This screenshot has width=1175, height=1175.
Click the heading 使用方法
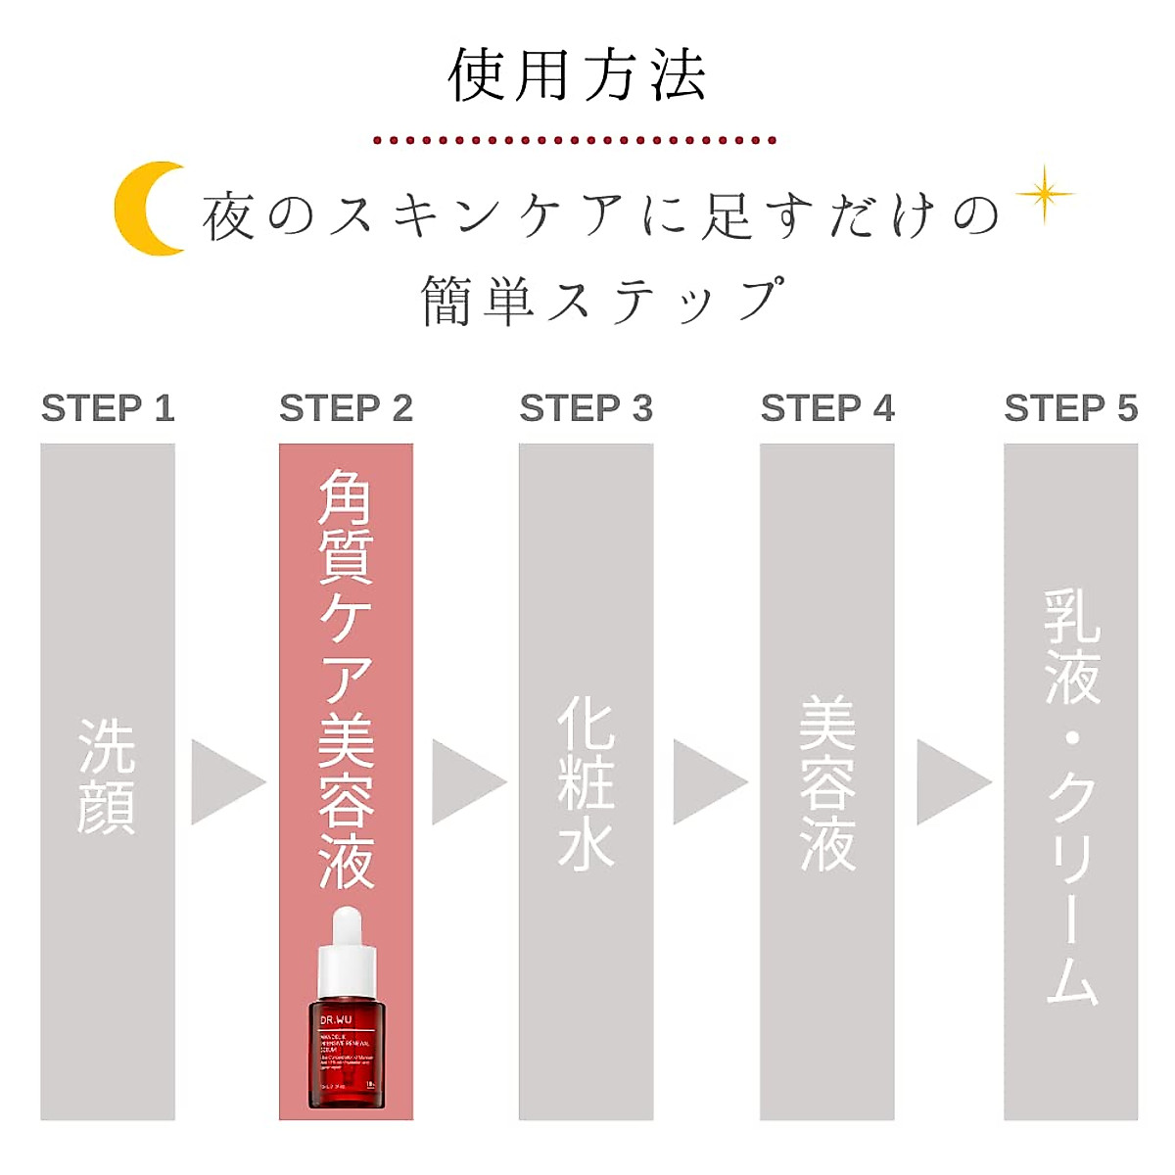[577, 76]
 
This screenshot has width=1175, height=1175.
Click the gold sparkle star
[1045, 194]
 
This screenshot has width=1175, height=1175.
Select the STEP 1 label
[108, 408]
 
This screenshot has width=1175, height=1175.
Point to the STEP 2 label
[346, 408]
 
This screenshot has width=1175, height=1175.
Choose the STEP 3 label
[586, 408]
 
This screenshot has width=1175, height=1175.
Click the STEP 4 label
[827, 408]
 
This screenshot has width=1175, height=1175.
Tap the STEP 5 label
[1070, 408]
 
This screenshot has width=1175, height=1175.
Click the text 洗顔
[107, 775]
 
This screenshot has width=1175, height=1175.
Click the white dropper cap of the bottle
[347, 950]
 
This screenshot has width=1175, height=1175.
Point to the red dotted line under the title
[576, 140]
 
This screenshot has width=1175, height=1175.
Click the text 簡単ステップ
[602, 299]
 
